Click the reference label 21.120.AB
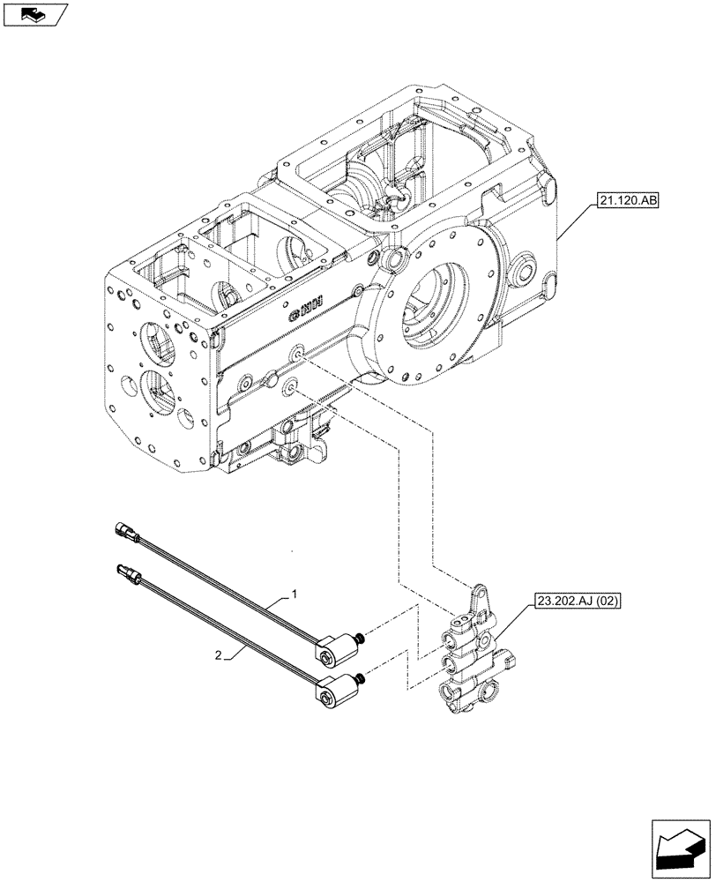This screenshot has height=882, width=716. click(625, 201)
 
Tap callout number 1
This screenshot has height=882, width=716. click(294, 595)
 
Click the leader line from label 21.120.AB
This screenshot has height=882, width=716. click(571, 220)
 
